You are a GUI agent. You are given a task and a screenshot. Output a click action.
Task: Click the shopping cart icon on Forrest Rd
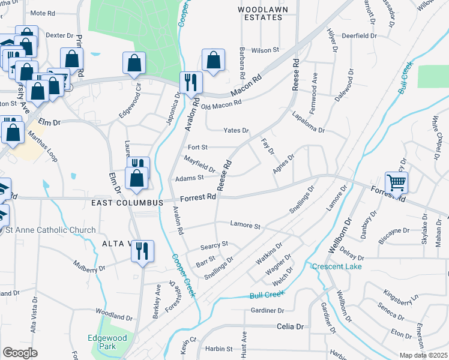click(396, 182)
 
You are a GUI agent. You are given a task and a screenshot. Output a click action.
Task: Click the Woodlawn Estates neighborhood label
click(259, 13)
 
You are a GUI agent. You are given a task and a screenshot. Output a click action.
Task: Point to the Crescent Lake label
click(337, 266)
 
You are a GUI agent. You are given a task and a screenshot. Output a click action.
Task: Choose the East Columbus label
click(127, 203)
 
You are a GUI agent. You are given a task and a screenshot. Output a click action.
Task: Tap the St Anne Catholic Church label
click(50, 230)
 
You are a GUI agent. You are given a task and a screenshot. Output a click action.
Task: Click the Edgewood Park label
click(108, 342)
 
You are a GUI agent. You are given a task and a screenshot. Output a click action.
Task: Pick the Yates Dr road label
click(236, 130)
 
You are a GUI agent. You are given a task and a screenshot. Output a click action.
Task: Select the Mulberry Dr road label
click(89, 266)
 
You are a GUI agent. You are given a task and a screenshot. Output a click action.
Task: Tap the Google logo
click(20, 353)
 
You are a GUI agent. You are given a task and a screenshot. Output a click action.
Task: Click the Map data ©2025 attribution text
click(424, 355)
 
